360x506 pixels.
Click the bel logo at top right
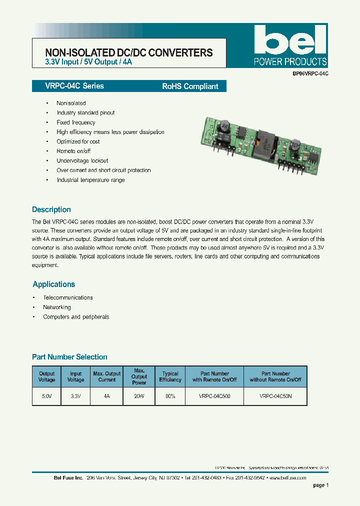290,40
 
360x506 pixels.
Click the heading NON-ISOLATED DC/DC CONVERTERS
129,52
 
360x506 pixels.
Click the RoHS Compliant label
190,86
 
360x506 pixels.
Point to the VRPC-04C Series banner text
68,86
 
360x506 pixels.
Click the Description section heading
51,209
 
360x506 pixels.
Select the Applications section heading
53,284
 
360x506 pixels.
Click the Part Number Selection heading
69,357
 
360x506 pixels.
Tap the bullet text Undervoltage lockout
82,160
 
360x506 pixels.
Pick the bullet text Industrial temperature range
90,180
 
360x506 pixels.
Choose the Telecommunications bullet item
68,297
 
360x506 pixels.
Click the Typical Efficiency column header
170,376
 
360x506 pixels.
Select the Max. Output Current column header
107,376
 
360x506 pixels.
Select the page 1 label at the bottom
320,485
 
